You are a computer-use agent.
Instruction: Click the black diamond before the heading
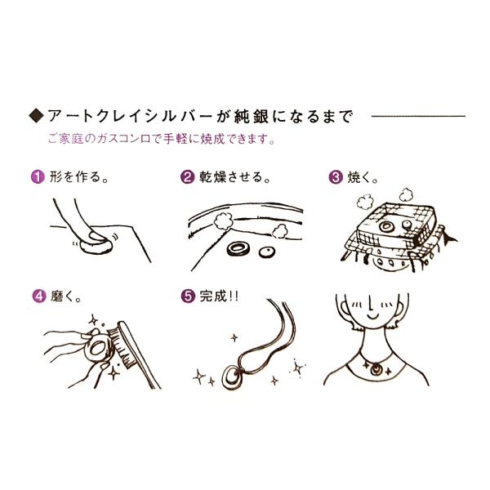point(37,116)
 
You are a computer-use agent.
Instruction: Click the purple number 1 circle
point(38,177)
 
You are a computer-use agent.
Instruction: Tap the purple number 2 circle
point(188,177)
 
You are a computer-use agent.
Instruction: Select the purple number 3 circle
point(336,177)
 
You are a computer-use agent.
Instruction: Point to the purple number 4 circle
point(39,296)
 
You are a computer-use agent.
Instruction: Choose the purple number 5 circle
point(188,296)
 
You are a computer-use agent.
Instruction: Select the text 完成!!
point(219,296)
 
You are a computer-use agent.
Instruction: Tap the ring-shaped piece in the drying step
point(238,250)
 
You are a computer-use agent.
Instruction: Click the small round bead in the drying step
point(267,252)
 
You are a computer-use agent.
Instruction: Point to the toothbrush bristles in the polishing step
point(122,346)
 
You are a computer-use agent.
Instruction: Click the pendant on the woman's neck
point(376,370)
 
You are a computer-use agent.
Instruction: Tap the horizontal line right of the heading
point(418,116)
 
